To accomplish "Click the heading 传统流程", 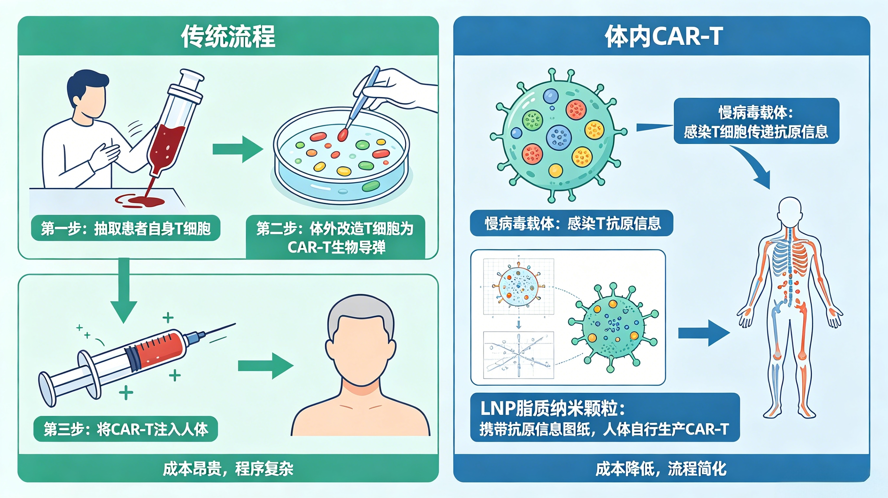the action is tap(228, 36).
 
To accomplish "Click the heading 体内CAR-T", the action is tap(663, 36).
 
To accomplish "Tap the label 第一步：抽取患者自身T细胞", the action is tap(125, 228).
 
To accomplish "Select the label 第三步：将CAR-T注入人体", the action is tap(126, 429).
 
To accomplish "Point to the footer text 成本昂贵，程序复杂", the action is tap(228, 469).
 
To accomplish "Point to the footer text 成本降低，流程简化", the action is tap(661, 469).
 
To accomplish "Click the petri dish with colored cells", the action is tap(341, 157).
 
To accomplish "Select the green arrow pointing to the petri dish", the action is tap(238, 149).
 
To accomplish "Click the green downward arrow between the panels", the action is tap(124, 290).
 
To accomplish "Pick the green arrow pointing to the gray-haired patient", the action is tap(266, 366).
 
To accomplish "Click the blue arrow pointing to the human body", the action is tap(704, 333).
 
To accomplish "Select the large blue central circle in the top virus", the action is tap(559, 137).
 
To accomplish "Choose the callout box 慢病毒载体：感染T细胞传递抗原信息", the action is tap(756, 121).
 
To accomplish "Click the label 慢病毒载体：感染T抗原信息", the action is tap(571, 223).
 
